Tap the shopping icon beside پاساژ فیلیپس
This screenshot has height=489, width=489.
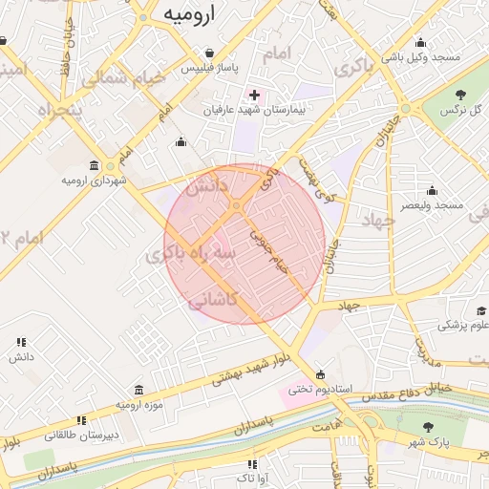209,53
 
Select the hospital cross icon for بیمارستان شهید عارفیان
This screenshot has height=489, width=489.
254,96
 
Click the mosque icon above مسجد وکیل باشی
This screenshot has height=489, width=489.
420,42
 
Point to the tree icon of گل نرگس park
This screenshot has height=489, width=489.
461,94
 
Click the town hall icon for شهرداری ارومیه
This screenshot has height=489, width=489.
93,165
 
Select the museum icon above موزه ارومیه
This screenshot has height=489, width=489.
139,390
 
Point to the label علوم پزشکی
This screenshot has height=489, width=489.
463,325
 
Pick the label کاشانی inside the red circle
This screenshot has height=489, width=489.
212,300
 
